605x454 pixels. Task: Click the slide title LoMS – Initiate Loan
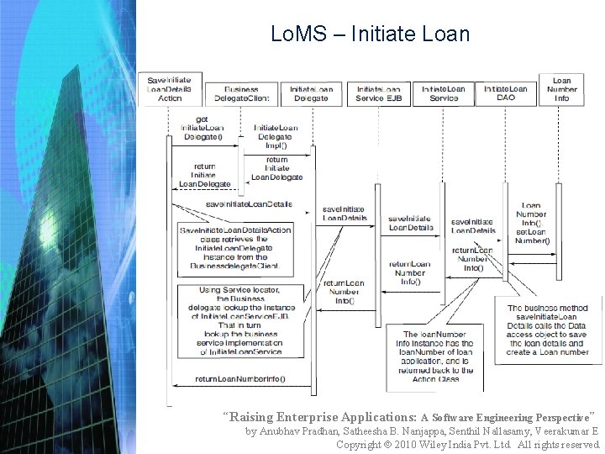pos(371,34)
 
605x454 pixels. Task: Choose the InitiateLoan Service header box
pos(443,92)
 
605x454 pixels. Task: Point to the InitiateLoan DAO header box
pos(507,92)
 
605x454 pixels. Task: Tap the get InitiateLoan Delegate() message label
pos(202,128)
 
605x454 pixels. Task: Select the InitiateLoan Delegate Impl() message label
pos(275,133)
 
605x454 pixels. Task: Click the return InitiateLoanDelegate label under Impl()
pos(276,168)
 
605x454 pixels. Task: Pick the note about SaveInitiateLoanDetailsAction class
pos(234,247)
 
